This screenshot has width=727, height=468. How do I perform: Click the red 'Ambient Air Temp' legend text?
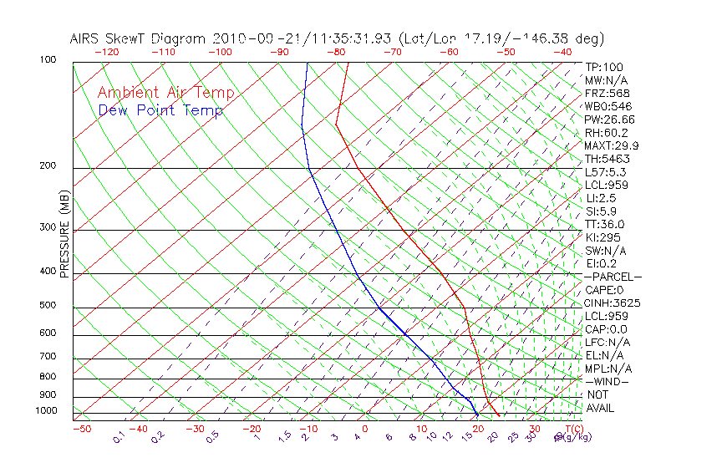(x=165, y=94)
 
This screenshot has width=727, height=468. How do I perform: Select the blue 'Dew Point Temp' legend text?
(x=160, y=111)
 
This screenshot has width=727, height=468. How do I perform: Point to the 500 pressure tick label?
(x=47, y=305)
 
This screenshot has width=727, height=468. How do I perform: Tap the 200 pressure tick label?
(x=47, y=166)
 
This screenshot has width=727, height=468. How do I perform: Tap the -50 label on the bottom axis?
(x=82, y=429)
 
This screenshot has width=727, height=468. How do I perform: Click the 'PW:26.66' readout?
(x=610, y=120)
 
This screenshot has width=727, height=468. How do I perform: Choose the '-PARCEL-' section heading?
(x=613, y=277)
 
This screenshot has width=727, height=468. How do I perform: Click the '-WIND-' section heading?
(x=608, y=381)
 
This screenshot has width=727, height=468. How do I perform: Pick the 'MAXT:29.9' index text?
(x=612, y=145)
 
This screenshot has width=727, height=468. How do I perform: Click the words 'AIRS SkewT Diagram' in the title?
(x=139, y=39)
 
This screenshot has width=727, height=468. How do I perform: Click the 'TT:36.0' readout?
(x=605, y=224)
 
